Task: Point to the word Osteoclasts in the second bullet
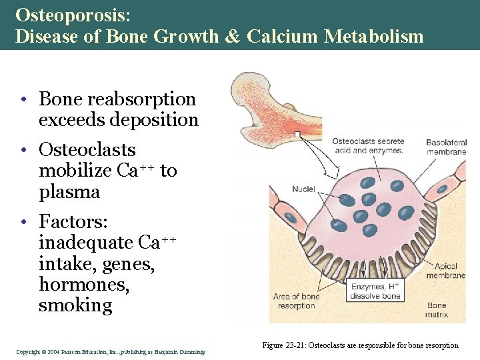[x=87, y=150]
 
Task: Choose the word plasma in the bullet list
[x=69, y=192]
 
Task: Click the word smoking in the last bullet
[x=75, y=305]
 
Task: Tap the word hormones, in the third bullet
[x=84, y=284]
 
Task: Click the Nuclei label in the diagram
[x=303, y=189]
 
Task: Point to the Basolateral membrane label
[x=446, y=147]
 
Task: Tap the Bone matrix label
[x=437, y=310]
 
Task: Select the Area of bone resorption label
[x=296, y=301]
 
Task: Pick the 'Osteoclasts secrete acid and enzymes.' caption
[x=367, y=145]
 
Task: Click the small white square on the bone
[x=297, y=134]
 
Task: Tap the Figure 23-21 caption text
[x=361, y=345]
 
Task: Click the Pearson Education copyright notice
[x=111, y=351]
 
